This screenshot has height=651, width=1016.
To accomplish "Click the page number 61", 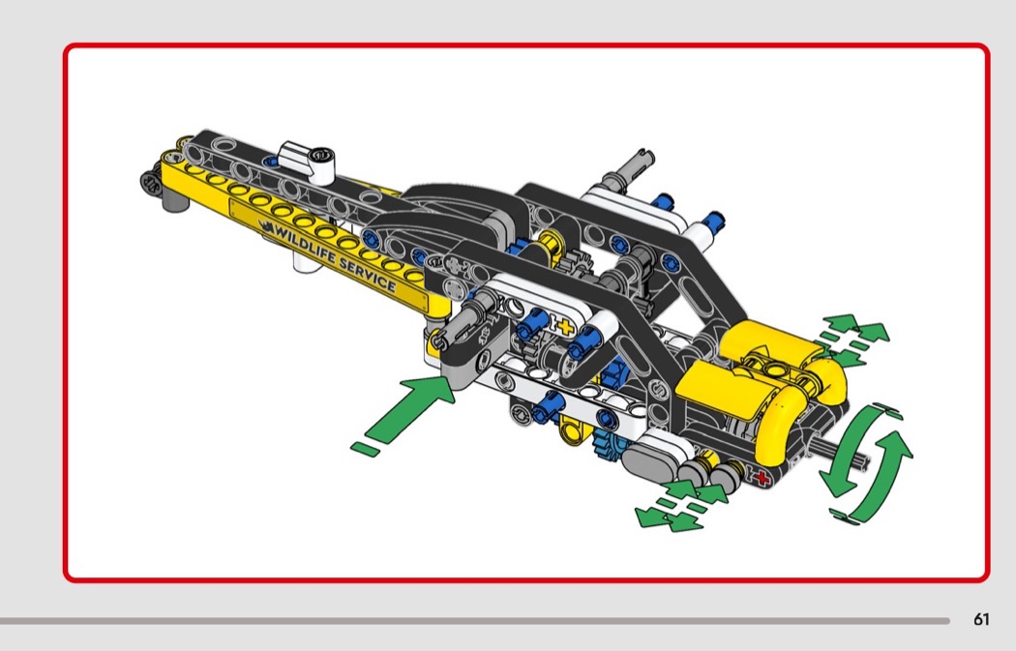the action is [x=981, y=619].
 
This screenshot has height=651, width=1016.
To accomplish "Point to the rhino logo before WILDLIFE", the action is [x=266, y=226].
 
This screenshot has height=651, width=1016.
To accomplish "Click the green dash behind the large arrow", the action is [x=366, y=449].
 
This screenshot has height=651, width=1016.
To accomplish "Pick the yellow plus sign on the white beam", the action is [x=565, y=326].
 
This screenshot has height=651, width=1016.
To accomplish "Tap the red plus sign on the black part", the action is [x=762, y=478].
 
